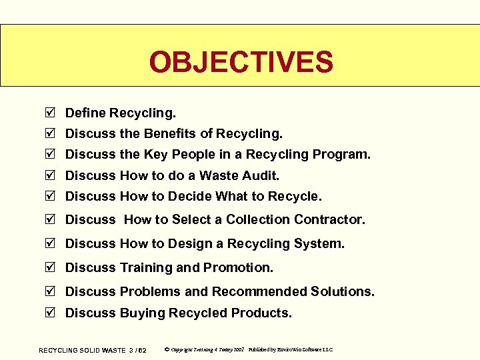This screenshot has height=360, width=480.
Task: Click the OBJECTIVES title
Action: pos(241,62)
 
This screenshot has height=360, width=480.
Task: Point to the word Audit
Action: pos(260,175)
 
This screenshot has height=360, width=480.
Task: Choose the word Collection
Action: pos(259,219)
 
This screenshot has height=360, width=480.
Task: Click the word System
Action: pos(319,243)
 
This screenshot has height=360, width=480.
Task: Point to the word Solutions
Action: pos(342,291)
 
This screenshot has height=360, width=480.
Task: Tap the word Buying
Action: pos(142,313)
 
